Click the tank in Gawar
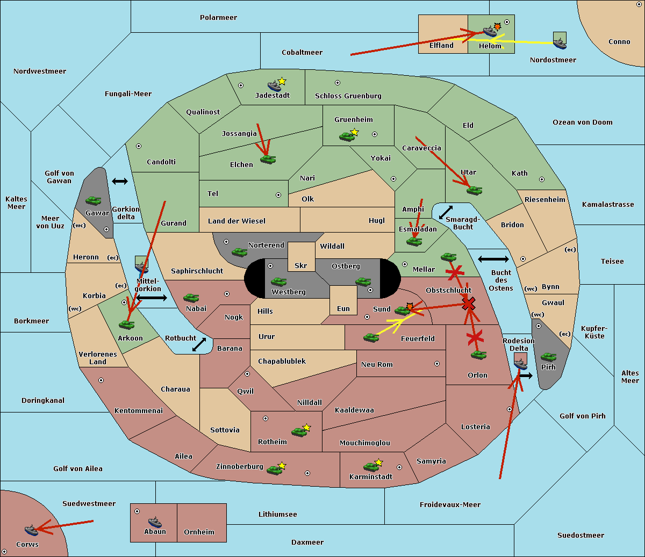[x=94, y=200]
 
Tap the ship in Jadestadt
[x=274, y=86]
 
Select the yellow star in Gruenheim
[x=355, y=132]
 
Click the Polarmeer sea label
[x=218, y=18]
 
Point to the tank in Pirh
[x=548, y=357]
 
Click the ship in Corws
[x=31, y=530]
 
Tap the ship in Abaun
[x=155, y=522]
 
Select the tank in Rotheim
[x=299, y=432]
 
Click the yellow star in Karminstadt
[x=378, y=462]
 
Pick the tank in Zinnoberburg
[x=275, y=471]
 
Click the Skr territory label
[x=301, y=265]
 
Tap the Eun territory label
[x=343, y=308]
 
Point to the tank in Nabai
[x=191, y=298]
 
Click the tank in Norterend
[x=239, y=252]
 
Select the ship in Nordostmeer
[x=560, y=44]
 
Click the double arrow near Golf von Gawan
[x=120, y=181]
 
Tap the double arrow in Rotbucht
[x=199, y=344]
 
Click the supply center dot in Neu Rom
[x=437, y=364]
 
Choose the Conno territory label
[x=619, y=41]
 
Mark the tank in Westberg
[x=278, y=281]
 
